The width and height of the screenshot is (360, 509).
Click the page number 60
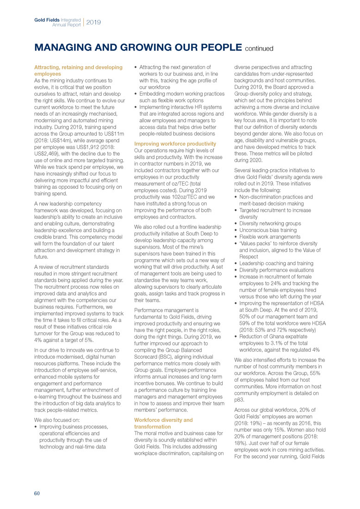coord(37,493)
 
